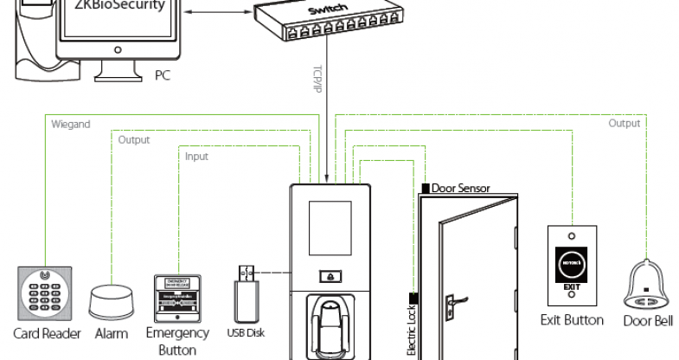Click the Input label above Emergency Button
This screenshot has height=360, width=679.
click(x=198, y=157)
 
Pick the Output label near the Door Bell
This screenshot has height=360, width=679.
click(x=624, y=123)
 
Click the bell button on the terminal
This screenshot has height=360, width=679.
click(x=332, y=276)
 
